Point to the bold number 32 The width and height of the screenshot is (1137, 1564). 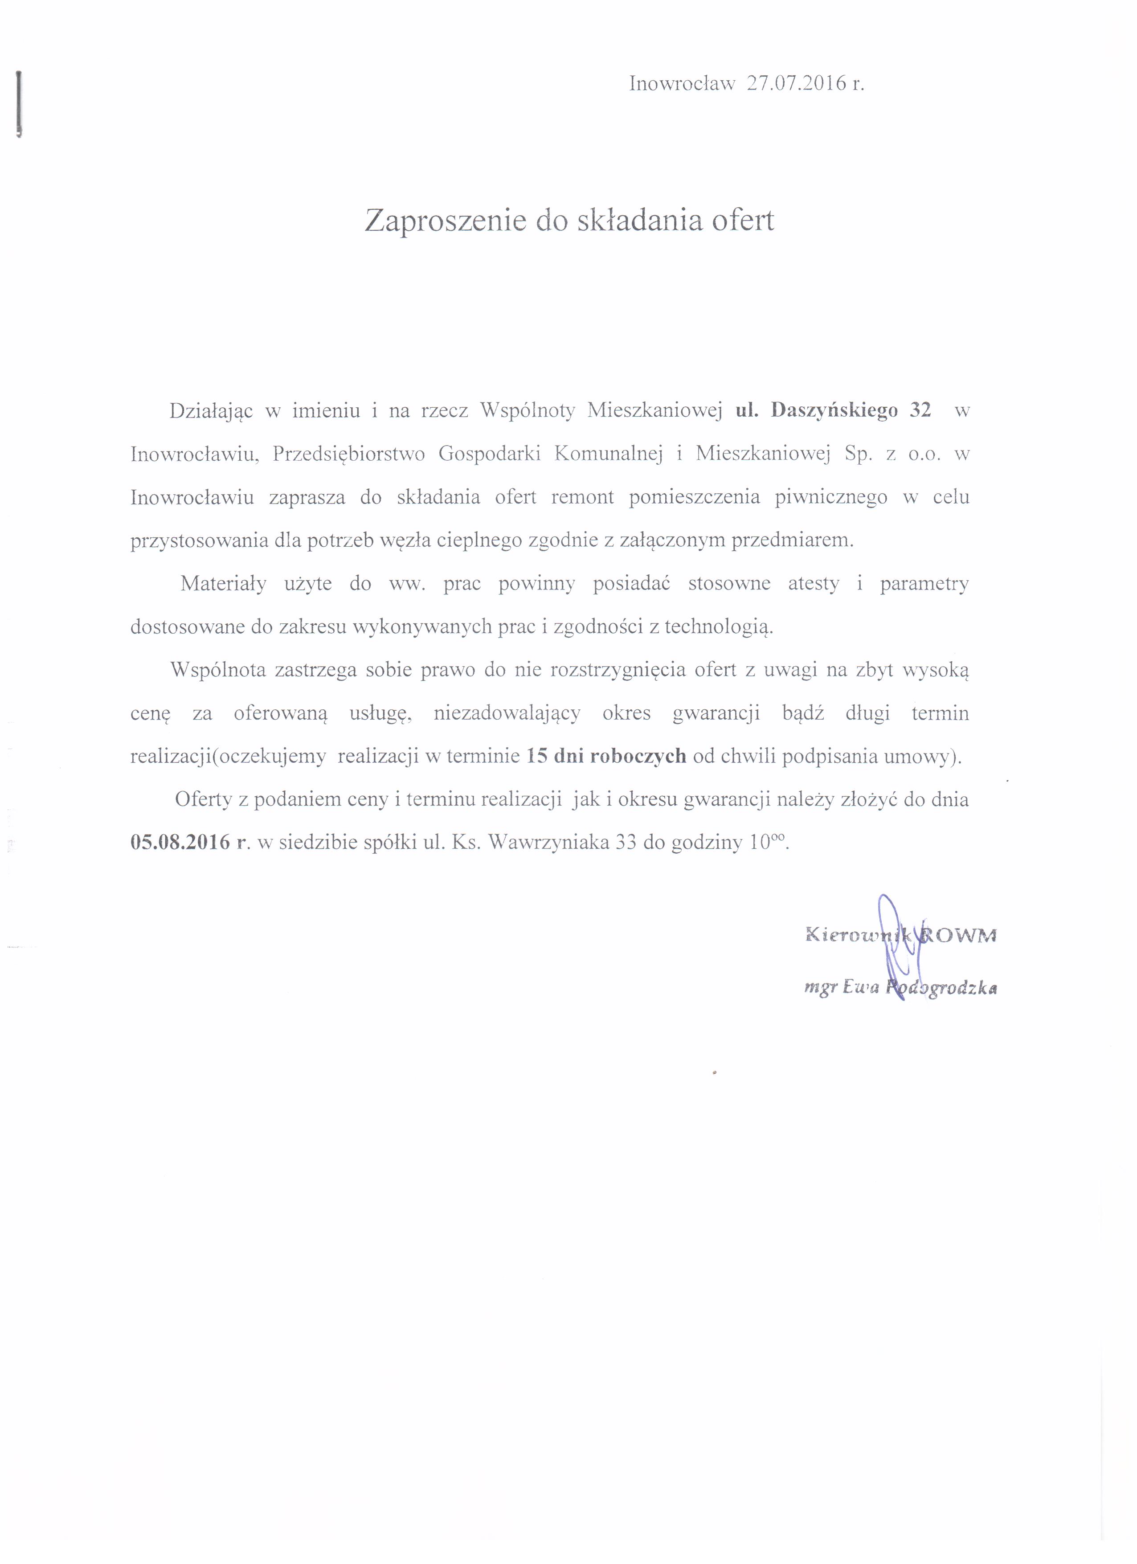(920, 410)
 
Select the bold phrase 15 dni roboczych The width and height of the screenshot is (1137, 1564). (606, 757)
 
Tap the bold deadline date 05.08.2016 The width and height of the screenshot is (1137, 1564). (180, 843)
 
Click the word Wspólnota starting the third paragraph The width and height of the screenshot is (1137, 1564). (218, 670)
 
